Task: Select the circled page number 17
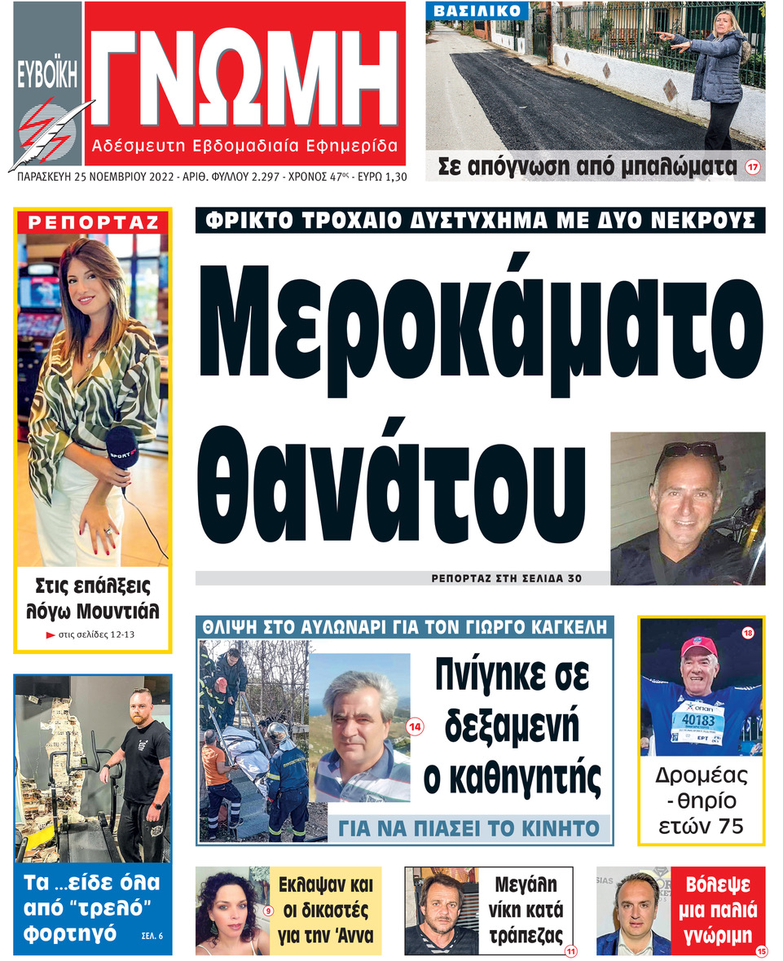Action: click(752, 169)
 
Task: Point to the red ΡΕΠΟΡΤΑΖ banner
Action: click(92, 222)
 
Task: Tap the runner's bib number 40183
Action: click(697, 722)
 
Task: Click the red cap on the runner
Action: click(698, 647)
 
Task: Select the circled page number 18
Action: click(747, 634)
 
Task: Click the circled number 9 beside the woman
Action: click(267, 910)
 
